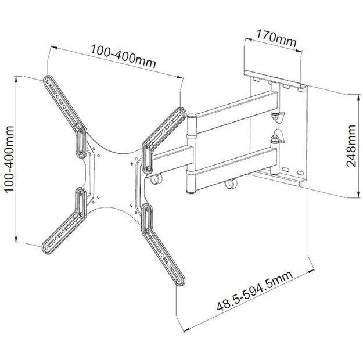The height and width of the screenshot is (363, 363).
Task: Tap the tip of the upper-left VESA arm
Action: (x=47, y=80)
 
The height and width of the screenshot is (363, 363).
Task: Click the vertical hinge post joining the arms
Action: (x=191, y=154)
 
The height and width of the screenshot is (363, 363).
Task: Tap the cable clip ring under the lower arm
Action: (x=230, y=186)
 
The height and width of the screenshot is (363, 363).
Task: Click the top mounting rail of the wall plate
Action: (x=276, y=81)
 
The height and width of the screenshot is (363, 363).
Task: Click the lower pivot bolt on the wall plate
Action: (x=275, y=139)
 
